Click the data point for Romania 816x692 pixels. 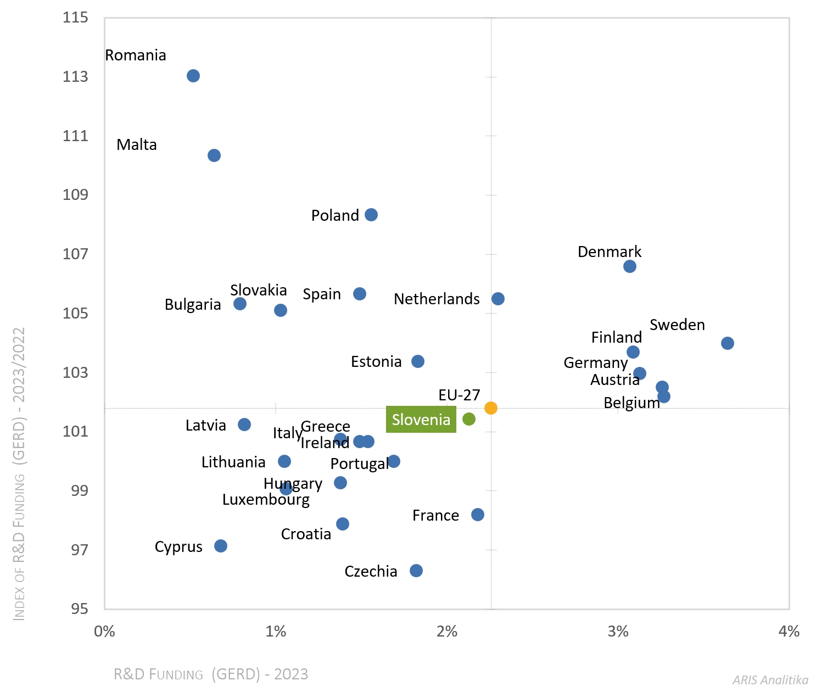pos(193,76)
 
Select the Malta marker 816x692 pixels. pos(214,155)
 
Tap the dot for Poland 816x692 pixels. pos(371,215)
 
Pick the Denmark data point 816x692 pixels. pos(630,266)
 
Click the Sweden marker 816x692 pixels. pos(728,343)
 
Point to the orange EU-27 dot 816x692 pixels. pos(491,408)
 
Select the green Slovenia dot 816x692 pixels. pos(469,419)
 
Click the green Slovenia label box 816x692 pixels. pos(421,420)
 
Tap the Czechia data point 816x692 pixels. pos(416,571)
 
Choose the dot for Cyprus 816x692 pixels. pos(221,546)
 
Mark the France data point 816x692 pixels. pos(478,515)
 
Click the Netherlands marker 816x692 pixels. pos(498,299)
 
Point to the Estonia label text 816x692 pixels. pos(376,362)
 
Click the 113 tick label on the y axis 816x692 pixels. pos(75,76)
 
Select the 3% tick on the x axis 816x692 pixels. pos(618,632)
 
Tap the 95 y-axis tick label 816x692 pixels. pos(79,609)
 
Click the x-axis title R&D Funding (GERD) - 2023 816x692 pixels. pos(211,674)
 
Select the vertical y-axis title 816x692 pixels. pos(19,473)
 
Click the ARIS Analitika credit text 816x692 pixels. pos(770,680)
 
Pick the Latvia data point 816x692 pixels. pos(244,425)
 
